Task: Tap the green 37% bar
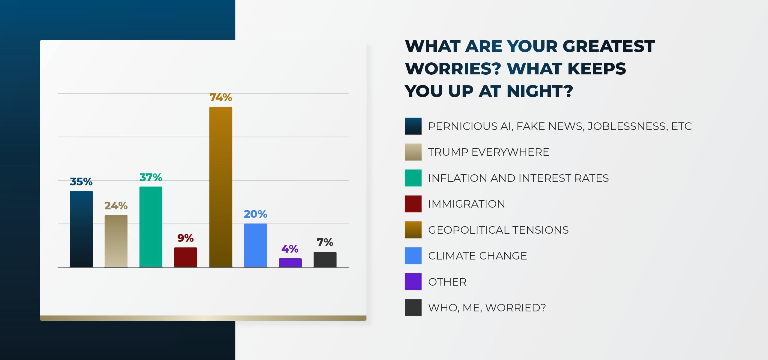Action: pos(151,226)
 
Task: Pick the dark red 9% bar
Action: pos(185,257)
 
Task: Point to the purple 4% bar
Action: pos(290,262)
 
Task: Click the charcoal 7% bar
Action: pos(325,259)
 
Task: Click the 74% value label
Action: pos(220,97)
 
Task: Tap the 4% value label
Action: pos(290,249)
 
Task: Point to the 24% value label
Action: pos(116,206)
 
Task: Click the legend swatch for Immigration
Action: pos(413,204)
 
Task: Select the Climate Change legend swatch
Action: pos(413,256)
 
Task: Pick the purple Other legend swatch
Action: pos(413,282)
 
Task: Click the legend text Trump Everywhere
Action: pos(488,152)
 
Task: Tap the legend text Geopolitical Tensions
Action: pos(498,230)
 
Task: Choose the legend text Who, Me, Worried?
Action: pos(487,308)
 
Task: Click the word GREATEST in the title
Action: pos(608,46)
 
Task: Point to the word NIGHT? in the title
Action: pos(540,91)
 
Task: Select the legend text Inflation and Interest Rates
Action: pos(518,178)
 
